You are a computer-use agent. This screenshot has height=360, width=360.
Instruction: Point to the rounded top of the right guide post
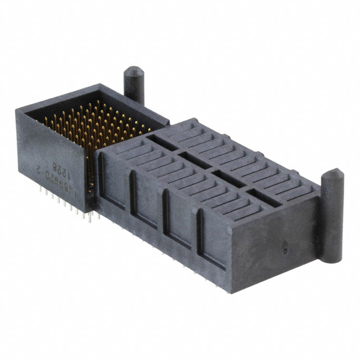pos(331,172)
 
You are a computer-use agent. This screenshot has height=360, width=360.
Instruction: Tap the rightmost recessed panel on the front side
pos(211,241)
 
